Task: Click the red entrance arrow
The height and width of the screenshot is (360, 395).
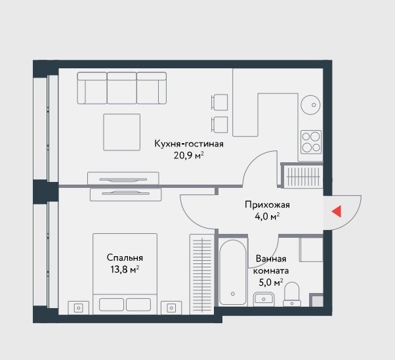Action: tap(337, 211)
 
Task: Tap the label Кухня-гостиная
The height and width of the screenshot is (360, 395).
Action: tap(189, 144)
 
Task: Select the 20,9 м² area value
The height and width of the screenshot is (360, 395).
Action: tap(188, 156)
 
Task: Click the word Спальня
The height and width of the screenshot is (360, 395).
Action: tap(125, 258)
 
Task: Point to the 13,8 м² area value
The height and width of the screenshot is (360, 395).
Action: tap(125, 269)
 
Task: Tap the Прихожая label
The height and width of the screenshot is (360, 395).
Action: tap(267, 204)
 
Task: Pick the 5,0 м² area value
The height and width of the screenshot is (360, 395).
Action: tap(271, 282)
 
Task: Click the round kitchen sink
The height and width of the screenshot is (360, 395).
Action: tap(310, 104)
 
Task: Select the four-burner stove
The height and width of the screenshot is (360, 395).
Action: tap(311, 142)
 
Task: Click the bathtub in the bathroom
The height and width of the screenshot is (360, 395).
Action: tap(233, 272)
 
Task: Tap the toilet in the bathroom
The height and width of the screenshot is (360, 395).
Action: tap(292, 294)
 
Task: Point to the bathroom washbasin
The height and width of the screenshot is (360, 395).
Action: tap(264, 299)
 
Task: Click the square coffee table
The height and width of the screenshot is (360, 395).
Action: tap(122, 132)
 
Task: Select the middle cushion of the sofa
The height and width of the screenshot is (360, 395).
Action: tap(122, 88)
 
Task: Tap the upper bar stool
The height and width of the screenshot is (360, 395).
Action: tap(219, 102)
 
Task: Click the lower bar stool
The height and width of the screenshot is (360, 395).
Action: tap(219, 125)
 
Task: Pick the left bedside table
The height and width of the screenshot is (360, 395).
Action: tap(78, 307)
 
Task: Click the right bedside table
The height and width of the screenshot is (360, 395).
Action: tap(171, 307)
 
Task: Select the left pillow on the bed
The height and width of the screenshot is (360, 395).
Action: tap(112, 305)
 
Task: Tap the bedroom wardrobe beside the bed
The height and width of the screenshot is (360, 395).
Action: tap(202, 274)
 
